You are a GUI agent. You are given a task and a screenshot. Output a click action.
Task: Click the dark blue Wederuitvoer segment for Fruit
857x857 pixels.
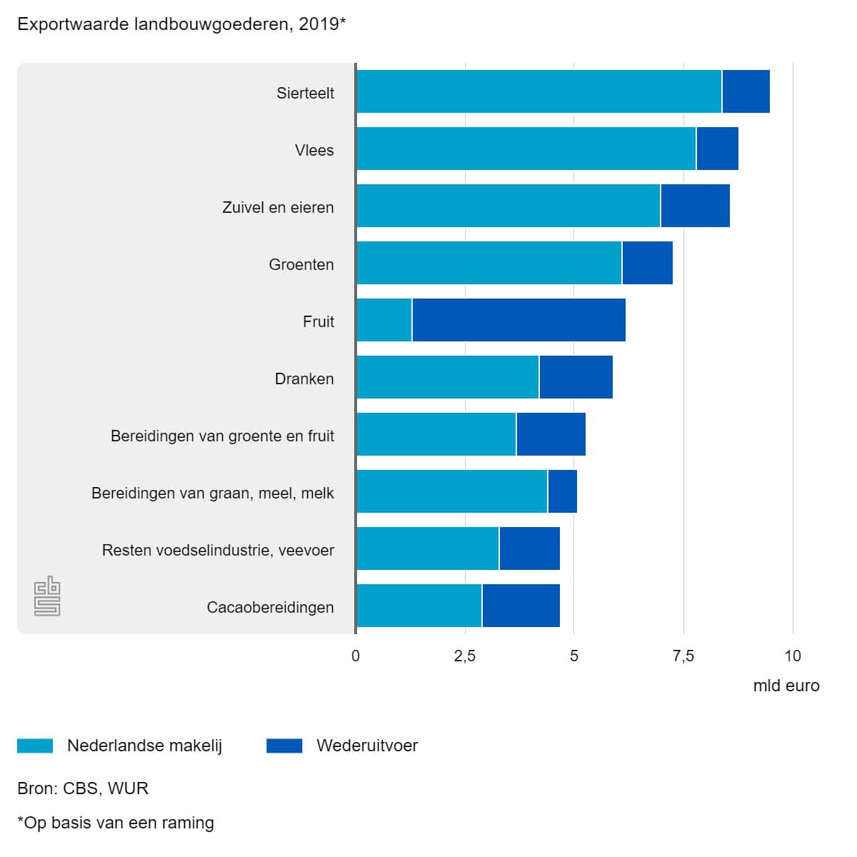click(x=518, y=320)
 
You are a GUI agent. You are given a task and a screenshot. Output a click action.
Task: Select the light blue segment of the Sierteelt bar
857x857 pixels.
click(x=539, y=91)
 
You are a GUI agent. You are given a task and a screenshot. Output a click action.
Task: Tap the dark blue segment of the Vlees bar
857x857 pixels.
click(x=717, y=149)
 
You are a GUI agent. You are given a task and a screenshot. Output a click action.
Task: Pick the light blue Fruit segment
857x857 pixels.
click(x=384, y=320)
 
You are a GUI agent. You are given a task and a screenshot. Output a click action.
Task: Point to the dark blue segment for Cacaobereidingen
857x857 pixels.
click(x=521, y=606)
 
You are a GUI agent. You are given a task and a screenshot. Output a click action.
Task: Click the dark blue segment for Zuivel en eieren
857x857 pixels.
click(x=695, y=206)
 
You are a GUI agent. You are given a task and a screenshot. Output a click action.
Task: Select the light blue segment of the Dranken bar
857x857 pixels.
click(x=448, y=377)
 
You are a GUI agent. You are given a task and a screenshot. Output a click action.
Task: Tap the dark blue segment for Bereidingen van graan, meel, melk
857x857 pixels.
click(x=562, y=491)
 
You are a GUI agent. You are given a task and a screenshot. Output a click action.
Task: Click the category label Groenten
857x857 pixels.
click(x=301, y=265)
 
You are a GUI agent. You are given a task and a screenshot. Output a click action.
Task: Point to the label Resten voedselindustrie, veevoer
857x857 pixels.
click(x=218, y=550)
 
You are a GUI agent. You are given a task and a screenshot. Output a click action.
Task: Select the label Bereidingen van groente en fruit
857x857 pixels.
click(x=222, y=436)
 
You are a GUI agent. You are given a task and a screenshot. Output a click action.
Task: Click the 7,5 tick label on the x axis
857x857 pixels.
click(x=683, y=656)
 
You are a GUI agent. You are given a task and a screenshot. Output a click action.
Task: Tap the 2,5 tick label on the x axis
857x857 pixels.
click(x=465, y=656)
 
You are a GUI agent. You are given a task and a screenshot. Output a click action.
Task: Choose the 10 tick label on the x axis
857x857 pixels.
click(x=793, y=656)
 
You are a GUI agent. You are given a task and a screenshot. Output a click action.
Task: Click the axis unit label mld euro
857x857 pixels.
click(x=786, y=686)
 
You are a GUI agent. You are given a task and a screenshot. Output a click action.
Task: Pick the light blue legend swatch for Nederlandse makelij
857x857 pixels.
click(x=35, y=746)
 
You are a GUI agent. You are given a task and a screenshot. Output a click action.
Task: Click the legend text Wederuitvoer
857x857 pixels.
click(x=367, y=746)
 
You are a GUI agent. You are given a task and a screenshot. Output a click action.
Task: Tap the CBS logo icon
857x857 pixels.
click(x=47, y=596)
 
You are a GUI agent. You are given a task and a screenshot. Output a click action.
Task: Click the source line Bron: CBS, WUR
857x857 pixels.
click(x=83, y=788)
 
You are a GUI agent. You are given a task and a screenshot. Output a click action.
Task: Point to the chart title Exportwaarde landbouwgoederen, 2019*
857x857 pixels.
click(x=181, y=24)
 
